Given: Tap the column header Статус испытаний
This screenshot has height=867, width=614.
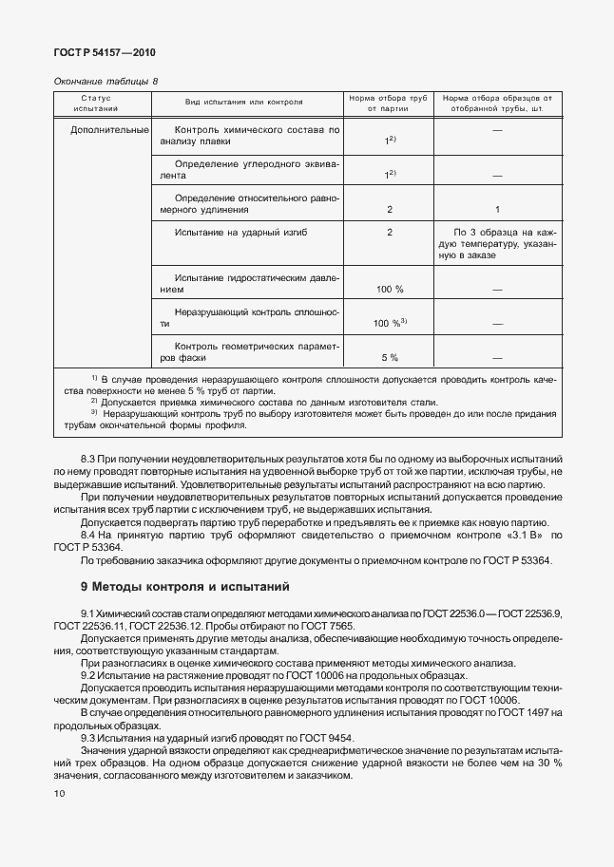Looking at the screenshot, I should point(97,104).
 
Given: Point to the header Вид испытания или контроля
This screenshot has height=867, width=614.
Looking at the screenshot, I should point(244,99).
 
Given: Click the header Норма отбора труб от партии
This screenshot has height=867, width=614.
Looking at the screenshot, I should point(389,104).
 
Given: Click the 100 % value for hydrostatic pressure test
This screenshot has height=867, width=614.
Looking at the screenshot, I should point(390,288).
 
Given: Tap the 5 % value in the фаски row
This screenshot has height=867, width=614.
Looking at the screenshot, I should point(390,357).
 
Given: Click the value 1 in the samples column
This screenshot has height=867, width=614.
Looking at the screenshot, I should point(497,209).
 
